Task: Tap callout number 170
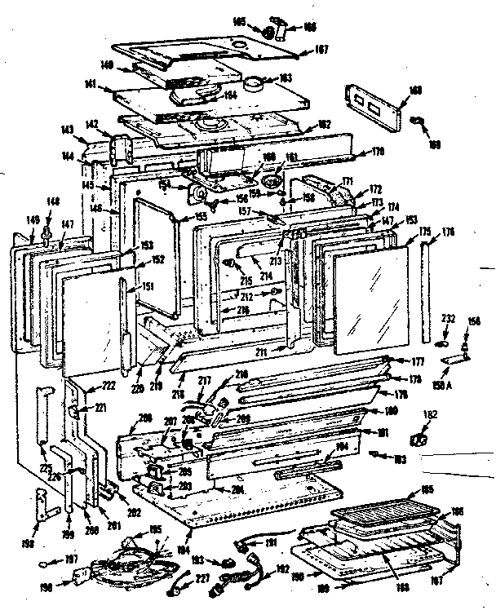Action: click(x=378, y=150)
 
